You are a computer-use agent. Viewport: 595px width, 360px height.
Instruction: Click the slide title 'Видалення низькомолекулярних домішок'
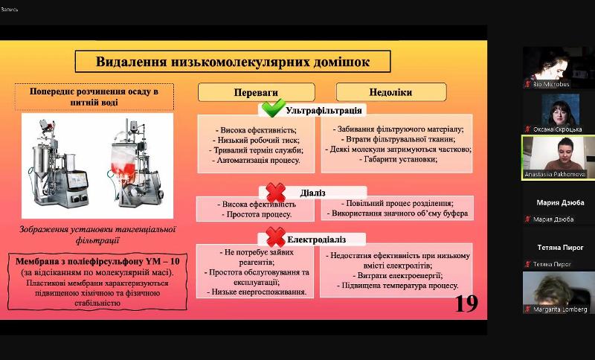pos(233,62)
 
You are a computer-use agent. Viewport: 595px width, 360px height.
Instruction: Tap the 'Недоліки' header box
pos(390,92)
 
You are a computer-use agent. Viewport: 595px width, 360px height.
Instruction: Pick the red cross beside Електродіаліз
pos(275,238)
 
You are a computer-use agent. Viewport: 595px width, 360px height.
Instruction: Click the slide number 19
pos(466,303)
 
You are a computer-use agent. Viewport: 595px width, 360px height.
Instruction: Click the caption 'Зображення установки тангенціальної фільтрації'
pos(98,234)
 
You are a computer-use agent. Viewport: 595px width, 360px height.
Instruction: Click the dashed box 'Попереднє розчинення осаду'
pos(94,97)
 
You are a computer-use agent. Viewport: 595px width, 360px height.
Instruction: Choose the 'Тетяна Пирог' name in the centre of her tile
pos(560,247)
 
